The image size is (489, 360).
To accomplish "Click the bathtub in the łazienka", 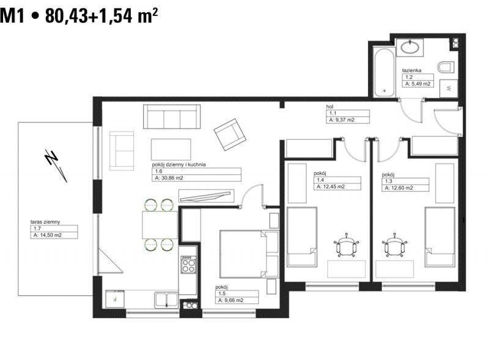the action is pos(384,72).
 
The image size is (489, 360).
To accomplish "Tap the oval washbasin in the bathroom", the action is pos(410,48).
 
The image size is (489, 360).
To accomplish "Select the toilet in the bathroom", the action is pos(445,67).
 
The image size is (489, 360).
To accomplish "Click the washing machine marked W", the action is pos(449,89).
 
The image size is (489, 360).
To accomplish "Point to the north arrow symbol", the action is pos(56,166).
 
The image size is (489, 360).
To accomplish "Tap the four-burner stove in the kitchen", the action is pos(188,265).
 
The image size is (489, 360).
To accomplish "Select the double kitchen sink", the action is pos(166,299).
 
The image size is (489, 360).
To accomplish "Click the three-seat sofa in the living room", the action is pos(172,117).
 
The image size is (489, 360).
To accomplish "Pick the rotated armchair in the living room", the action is pos(230,134).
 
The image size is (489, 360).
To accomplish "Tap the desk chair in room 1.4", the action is pos(346,245).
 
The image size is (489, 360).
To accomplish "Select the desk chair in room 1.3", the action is pos(395,245).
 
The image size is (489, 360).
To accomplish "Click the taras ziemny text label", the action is pos(45,222).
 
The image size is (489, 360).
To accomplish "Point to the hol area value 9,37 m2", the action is pos(345,120).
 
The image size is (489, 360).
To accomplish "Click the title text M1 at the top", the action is pos(12,16).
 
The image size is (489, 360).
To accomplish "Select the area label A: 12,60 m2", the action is pos(399,188).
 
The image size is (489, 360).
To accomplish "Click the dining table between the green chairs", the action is pos(160,225).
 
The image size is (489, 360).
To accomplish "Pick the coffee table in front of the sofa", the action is pos(171,149).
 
